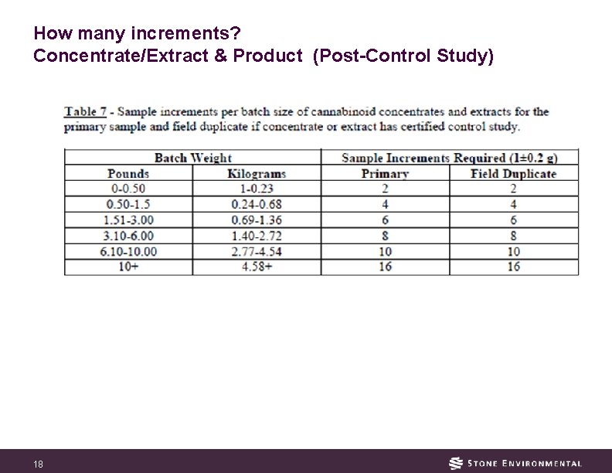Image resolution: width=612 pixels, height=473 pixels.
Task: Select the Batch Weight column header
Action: pyautogui.click(x=192, y=158)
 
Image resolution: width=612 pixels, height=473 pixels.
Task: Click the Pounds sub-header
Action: pyautogui.click(x=128, y=174)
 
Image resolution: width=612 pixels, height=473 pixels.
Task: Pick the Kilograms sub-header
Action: pyautogui.click(x=257, y=174)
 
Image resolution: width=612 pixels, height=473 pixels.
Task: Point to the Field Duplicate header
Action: pyautogui.click(x=513, y=174)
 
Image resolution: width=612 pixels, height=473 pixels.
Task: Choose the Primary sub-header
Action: pyautogui.click(x=385, y=174)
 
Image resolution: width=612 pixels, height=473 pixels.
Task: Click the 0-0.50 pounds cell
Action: pyautogui.click(x=128, y=189)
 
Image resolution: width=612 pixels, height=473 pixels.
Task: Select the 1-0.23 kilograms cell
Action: pyautogui.click(x=257, y=189)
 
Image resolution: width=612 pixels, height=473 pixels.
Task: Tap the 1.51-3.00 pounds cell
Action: pyautogui.click(x=128, y=220)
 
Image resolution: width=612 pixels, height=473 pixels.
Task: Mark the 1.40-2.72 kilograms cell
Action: pyautogui.click(x=257, y=236)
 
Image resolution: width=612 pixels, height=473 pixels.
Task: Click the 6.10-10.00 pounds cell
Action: pyautogui.click(x=128, y=251)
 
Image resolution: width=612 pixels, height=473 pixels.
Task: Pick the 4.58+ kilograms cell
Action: pyautogui.click(x=257, y=267)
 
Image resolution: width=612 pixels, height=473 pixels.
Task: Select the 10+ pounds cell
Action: pyautogui.click(x=128, y=267)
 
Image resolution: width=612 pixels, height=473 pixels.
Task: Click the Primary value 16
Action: pyautogui.click(x=385, y=267)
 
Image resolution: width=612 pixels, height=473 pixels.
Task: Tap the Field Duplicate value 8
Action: pyautogui.click(x=513, y=236)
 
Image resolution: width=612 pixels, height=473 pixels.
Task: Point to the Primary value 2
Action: pyautogui.click(x=385, y=189)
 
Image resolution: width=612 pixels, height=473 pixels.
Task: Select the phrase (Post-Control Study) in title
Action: pyautogui.click(x=403, y=56)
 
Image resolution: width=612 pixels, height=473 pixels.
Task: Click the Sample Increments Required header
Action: pyautogui.click(x=449, y=158)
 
